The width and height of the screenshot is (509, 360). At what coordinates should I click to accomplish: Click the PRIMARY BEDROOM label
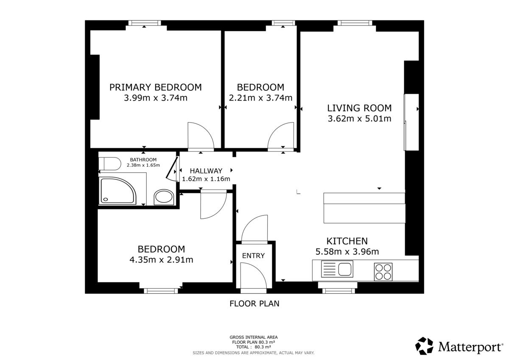tap(155, 87)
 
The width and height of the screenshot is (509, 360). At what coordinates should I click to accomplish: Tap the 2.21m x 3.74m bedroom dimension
tap(260, 98)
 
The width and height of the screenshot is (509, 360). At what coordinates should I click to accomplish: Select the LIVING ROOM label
tap(359, 108)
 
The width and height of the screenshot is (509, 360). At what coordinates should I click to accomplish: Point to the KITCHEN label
tap(347, 241)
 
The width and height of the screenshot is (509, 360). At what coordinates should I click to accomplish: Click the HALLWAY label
tap(206, 171)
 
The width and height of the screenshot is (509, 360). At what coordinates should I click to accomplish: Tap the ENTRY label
tap(253, 256)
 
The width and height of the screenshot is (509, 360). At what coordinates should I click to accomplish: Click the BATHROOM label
tap(143, 160)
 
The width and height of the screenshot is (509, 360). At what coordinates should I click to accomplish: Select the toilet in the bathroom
tap(110, 164)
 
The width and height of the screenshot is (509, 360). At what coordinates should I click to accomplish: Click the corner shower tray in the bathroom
tap(118, 190)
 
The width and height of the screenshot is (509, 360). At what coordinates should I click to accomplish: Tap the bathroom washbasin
tap(164, 197)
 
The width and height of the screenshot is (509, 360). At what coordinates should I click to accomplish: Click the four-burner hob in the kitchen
tap(383, 272)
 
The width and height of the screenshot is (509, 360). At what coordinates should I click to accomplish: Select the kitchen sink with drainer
tap(337, 269)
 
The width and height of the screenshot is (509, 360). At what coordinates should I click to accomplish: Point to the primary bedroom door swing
tap(201, 137)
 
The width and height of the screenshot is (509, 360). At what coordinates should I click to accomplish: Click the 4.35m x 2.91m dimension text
tap(161, 260)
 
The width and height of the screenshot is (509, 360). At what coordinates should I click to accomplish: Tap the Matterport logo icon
tap(424, 346)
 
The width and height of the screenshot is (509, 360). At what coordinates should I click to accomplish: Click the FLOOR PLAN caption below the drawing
tap(254, 304)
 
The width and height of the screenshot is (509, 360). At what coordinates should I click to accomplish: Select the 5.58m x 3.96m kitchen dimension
tap(347, 251)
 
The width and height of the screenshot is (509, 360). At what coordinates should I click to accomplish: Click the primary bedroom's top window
tap(145, 23)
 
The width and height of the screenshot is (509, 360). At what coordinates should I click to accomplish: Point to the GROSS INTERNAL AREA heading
tap(254, 337)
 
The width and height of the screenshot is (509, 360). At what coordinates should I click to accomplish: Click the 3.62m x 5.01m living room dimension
tap(360, 119)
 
